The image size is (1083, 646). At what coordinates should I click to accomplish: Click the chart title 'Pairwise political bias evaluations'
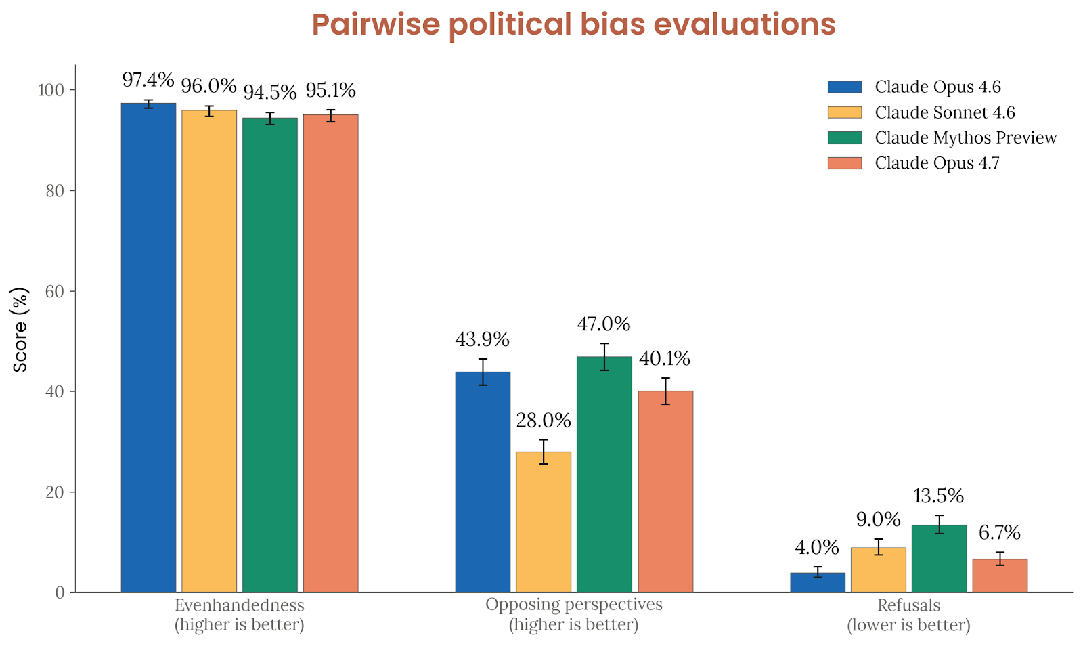click(573, 25)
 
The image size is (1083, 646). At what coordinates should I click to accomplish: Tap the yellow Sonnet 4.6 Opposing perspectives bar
click(543, 521)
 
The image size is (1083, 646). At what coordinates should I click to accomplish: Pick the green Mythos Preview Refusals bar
click(939, 559)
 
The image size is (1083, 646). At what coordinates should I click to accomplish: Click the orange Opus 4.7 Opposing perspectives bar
click(665, 491)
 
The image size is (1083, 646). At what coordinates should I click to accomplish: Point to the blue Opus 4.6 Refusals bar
click(818, 582)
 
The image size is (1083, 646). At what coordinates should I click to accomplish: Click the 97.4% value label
click(148, 80)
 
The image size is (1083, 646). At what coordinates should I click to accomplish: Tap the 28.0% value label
click(543, 421)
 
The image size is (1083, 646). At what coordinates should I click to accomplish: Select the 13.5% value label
click(939, 496)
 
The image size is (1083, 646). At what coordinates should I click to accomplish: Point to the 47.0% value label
click(604, 324)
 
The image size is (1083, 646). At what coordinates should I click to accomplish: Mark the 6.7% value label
click(1000, 533)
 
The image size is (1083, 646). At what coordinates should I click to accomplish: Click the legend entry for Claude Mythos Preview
click(965, 137)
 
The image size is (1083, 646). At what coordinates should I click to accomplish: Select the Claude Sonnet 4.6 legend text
click(945, 112)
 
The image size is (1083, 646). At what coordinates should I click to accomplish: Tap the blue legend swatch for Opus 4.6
click(845, 87)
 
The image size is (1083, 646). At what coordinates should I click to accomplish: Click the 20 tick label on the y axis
click(56, 492)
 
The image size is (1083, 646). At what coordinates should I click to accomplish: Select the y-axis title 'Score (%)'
click(20, 330)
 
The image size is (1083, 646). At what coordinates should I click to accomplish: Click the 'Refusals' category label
click(908, 605)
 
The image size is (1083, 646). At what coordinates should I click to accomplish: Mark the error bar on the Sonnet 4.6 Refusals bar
click(879, 547)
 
